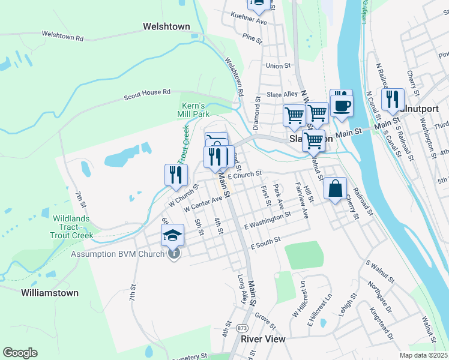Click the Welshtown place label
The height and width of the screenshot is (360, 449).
pos(166,26)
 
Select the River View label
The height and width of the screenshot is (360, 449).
pos(263,339)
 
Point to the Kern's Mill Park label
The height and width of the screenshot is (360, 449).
pos(193,109)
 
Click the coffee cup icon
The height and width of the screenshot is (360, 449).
pos(342,106)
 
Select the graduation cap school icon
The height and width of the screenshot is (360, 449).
pos(172,235)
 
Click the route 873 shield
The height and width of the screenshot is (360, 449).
pos(243,328)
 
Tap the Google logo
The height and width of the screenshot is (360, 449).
pos(20,353)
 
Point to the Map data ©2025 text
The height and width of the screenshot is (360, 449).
pos(423,355)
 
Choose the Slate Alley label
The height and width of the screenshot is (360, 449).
pos(282,95)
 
